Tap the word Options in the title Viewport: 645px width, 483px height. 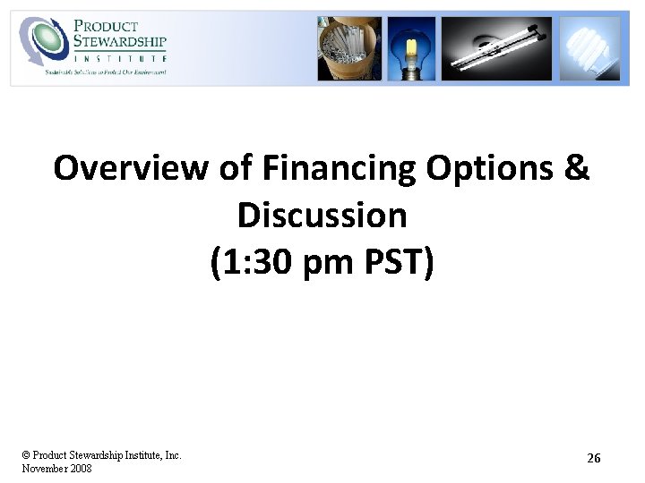[491, 168]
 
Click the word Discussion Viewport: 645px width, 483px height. [322, 216]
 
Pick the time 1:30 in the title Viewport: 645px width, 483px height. [251, 263]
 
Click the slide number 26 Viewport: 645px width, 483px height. [593, 458]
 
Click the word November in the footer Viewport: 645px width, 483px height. [42, 468]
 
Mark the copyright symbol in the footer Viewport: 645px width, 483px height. [26, 455]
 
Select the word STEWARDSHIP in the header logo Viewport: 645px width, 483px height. [121, 41]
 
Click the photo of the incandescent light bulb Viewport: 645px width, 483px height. [412, 48]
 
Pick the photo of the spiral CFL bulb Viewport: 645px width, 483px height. [589, 48]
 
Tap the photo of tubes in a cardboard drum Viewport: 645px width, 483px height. [348, 48]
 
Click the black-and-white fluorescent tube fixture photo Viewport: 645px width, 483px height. [496, 48]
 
